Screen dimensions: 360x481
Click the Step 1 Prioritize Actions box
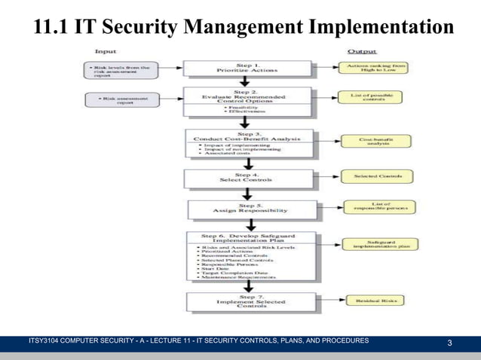tap(247, 69)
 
